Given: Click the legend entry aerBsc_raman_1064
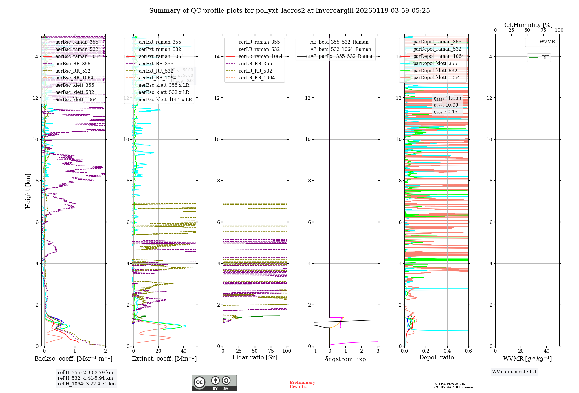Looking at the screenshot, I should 78,56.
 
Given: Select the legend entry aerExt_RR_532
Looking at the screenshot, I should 156,71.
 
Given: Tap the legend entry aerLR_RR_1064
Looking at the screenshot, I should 256,78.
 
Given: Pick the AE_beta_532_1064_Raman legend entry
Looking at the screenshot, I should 340,49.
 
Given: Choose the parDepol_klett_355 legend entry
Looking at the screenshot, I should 435,63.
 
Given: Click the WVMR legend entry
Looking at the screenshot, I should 547,42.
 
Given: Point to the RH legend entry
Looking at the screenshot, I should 545,57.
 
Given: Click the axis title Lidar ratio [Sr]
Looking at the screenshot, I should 255,357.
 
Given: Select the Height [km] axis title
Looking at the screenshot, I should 28,191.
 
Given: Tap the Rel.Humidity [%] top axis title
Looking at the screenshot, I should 527,25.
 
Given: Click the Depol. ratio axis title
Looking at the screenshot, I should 436,357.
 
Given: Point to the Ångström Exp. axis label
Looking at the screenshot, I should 346,359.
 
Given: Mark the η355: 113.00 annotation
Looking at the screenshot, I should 447,99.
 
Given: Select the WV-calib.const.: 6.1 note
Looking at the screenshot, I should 514,372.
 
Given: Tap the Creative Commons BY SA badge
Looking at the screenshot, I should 214,383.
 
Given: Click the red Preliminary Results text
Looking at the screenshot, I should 302,384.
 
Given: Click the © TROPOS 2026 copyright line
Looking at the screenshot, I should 449,384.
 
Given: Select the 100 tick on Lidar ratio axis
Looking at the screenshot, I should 287,351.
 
